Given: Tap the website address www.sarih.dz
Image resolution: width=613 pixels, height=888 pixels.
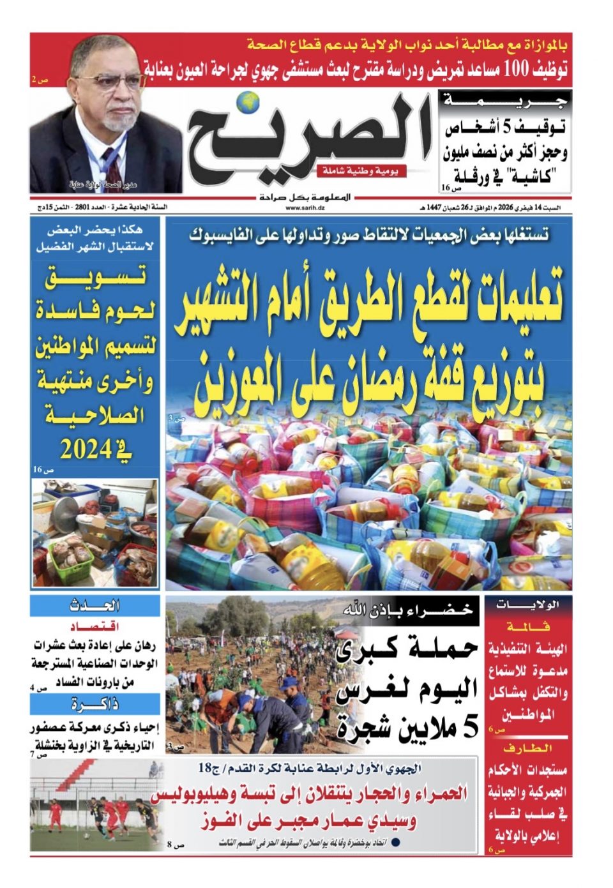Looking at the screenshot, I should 303,207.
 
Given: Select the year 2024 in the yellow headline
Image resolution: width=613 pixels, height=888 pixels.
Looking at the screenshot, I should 86,450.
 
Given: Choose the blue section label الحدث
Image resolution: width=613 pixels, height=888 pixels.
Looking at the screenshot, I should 95,606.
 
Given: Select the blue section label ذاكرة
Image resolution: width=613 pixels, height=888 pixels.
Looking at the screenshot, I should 95,704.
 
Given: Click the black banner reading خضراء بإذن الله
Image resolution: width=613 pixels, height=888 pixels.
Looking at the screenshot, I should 409,609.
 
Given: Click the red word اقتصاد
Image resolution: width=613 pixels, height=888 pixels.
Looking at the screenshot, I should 95,625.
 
